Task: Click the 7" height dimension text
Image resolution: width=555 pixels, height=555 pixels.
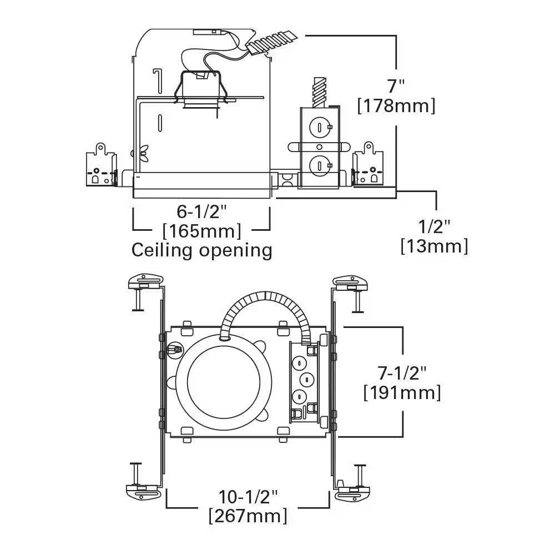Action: click(396, 86)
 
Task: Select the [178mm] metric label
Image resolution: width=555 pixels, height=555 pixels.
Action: click(396, 105)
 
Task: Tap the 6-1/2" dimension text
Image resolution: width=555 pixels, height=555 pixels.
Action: click(202, 211)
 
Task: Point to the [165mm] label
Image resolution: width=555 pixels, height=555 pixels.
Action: click(201, 230)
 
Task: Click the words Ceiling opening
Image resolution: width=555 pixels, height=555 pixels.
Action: click(201, 250)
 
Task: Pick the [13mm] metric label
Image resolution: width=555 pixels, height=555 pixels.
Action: click(434, 245)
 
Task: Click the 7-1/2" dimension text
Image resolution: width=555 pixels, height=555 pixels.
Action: click(402, 373)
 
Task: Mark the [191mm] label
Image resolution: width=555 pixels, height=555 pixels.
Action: click(402, 392)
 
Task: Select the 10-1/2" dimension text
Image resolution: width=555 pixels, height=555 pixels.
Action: click(248, 496)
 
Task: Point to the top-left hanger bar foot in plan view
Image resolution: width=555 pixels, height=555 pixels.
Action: click(144, 282)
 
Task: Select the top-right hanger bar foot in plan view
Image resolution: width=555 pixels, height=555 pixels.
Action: click(352, 282)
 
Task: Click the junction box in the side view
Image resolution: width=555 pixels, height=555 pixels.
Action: click(319, 147)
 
